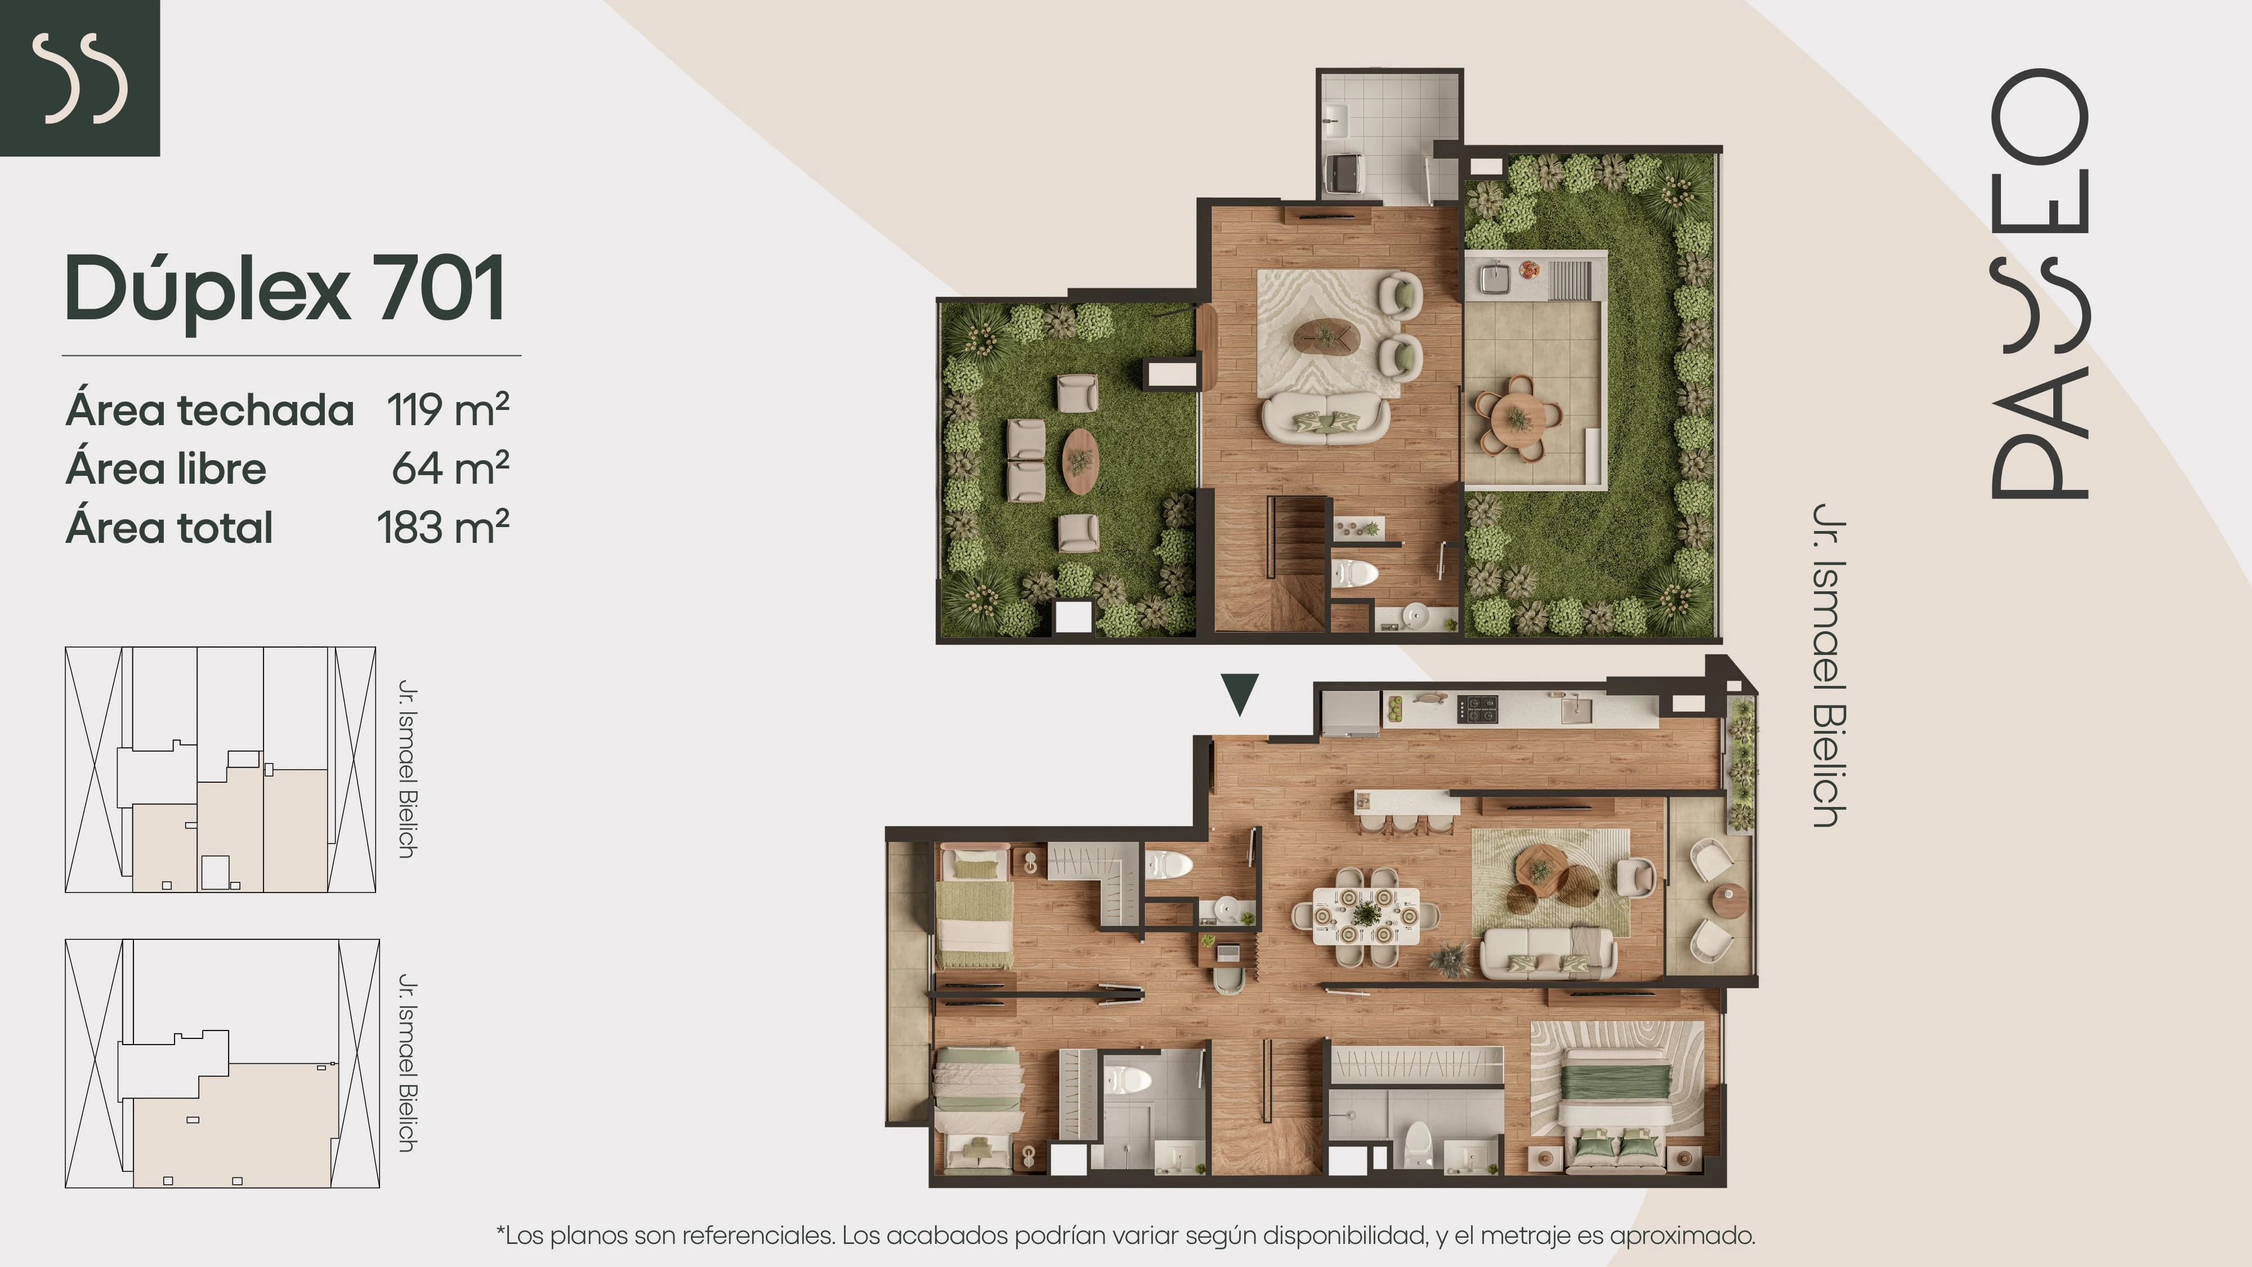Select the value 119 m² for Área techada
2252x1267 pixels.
coord(448,409)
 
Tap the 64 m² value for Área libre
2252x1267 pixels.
coord(450,468)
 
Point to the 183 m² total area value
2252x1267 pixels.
coord(443,527)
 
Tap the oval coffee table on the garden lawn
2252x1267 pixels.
coord(1080,460)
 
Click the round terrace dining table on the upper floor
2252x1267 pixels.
coord(1518,419)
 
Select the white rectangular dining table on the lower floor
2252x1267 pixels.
coord(1365,916)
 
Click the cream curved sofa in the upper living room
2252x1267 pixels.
coord(1325,418)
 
